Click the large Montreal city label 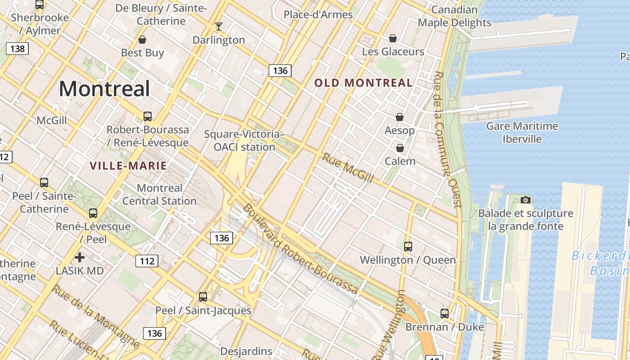[x=104, y=89]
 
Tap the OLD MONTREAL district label [x=363, y=83]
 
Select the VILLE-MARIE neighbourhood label [x=128, y=166]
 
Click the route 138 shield [x=17, y=48]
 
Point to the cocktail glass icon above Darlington [x=219, y=27]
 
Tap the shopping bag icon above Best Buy [x=142, y=40]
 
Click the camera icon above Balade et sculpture [x=525, y=200]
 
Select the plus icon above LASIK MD [x=80, y=257]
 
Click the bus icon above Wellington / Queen [x=408, y=247]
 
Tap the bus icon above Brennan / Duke [x=445, y=314]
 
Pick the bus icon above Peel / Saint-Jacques [x=203, y=297]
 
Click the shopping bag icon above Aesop [x=399, y=117]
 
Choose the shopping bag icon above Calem [x=400, y=148]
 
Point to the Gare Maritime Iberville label [x=522, y=132]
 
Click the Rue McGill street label [x=347, y=168]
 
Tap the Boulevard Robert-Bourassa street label [x=300, y=249]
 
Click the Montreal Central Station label [x=159, y=194]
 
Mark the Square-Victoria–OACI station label [x=244, y=140]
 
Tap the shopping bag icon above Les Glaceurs [x=393, y=38]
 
